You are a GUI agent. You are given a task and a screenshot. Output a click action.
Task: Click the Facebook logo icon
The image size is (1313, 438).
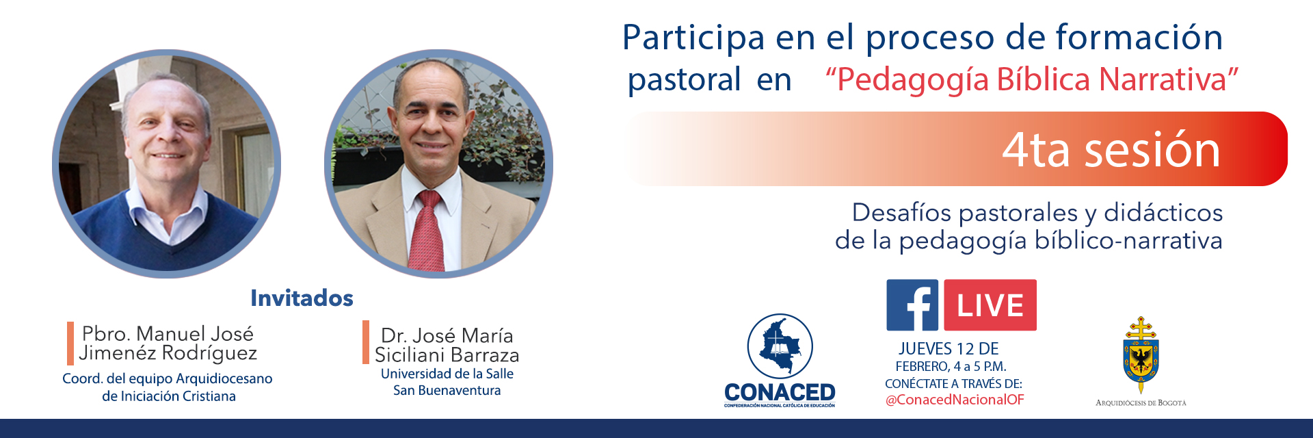point(912,305)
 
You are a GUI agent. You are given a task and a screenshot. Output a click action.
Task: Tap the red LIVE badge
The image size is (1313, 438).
point(990,305)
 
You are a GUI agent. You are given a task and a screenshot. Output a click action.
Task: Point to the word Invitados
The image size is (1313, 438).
point(302,298)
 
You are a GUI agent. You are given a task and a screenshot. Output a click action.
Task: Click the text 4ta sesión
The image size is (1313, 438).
point(1111,150)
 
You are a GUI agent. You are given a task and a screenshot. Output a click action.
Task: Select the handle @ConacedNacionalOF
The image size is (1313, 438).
point(955,400)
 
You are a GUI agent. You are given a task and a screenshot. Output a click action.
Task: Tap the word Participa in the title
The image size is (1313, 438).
point(693,38)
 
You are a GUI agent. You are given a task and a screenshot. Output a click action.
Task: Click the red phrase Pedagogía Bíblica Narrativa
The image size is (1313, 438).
point(1033,79)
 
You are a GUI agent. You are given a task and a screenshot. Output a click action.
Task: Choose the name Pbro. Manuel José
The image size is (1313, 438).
point(168,333)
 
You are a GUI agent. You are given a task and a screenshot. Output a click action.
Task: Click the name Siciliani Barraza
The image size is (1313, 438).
point(447,355)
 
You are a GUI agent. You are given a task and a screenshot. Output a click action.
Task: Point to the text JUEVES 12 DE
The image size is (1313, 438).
point(949,349)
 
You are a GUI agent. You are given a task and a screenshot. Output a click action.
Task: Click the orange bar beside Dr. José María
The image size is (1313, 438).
point(366,342)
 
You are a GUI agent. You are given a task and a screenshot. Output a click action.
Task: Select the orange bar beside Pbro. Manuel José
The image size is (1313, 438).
point(70,343)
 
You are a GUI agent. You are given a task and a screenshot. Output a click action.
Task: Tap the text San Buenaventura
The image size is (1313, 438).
point(447,391)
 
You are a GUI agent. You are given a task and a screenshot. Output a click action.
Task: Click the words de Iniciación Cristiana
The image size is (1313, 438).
point(168,396)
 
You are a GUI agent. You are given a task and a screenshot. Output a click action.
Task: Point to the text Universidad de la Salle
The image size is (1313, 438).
point(447,374)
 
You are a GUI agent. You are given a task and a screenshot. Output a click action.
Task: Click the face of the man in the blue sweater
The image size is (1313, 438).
point(168,130)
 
